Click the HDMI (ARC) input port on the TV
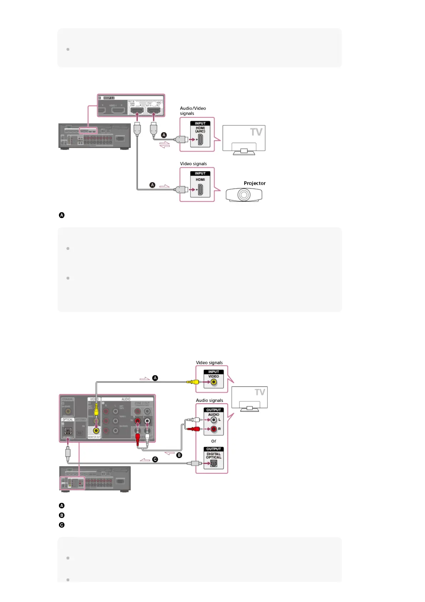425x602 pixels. click(200, 139)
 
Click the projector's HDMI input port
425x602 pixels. click(200, 189)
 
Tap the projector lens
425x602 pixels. click(244, 195)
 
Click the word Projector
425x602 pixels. click(254, 183)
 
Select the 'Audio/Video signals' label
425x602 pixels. click(192, 111)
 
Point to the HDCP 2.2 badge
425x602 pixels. click(109, 98)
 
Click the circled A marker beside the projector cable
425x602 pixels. click(152, 185)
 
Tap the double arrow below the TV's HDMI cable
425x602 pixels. click(164, 145)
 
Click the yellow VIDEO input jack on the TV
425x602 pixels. click(214, 382)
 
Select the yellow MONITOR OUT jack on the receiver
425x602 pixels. click(96, 430)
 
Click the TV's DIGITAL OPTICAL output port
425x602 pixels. click(214, 463)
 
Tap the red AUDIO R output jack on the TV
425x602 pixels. click(214, 429)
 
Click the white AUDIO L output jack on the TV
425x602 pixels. click(214, 420)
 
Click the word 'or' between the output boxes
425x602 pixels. click(214, 441)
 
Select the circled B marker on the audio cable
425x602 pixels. click(179, 455)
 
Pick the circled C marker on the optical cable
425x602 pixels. click(155, 459)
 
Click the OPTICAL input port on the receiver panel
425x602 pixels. click(68, 431)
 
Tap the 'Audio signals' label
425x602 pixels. click(209, 400)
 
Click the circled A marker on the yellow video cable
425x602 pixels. click(155, 378)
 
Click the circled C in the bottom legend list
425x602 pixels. click(62, 525)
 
